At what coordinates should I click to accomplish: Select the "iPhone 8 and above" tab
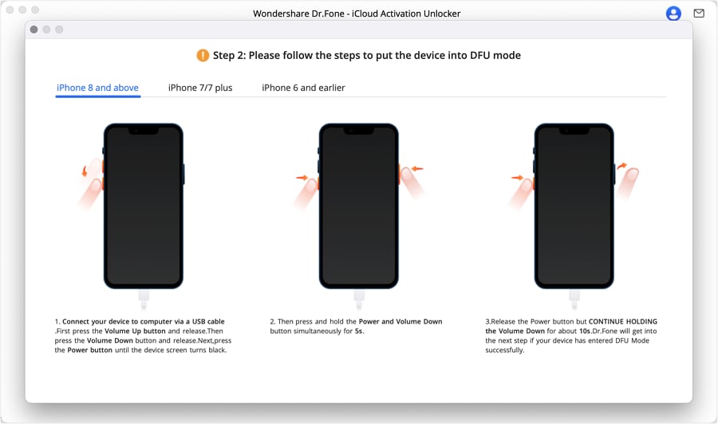97,88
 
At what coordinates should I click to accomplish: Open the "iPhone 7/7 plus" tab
200,88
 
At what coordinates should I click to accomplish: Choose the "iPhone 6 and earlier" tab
303,88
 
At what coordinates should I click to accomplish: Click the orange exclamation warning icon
203,55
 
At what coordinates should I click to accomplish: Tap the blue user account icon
673,14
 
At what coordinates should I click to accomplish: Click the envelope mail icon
699,14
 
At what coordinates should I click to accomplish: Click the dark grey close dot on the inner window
34,29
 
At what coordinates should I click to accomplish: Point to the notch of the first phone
144,131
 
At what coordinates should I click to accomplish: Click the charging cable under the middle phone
359,300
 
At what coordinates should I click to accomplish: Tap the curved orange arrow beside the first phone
85,171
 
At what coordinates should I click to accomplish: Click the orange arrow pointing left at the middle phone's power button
417,169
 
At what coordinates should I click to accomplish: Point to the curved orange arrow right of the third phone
621,166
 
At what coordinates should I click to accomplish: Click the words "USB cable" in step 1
208,321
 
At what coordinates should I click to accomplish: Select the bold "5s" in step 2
359,331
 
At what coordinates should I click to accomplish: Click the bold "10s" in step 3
585,331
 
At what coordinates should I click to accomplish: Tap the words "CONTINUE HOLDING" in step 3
623,321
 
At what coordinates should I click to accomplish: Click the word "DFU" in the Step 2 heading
480,55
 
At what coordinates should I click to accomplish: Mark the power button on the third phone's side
614,175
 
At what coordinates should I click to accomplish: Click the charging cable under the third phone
574,300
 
